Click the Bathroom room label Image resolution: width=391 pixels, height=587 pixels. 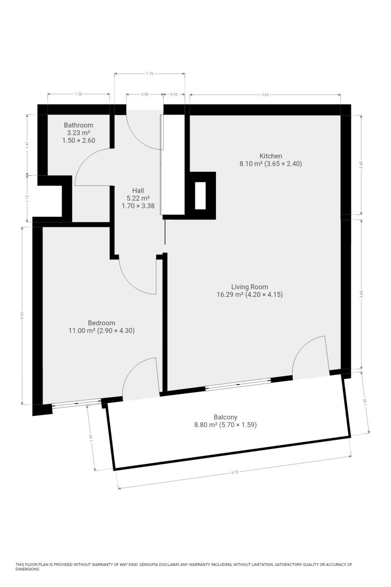click(x=79, y=125)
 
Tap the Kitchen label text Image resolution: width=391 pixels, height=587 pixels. click(x=271, y=156)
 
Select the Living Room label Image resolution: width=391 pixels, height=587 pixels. click(x=250, y=287)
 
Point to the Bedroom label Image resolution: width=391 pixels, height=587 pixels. click(x=101, y=323)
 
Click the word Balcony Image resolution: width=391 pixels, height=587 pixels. click(x=225, y=417)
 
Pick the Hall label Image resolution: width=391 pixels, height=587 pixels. click(x=138, y=190)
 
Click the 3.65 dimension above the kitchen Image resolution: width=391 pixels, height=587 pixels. click(x=265, y=95)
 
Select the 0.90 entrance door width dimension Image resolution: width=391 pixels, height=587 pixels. click(x=145, y=94)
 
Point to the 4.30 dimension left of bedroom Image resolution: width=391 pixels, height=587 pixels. click(x=22, y=316)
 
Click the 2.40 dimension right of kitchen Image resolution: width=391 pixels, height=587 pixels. click(x=361, y=164)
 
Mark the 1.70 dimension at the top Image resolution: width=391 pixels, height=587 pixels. click(x=150, y=74)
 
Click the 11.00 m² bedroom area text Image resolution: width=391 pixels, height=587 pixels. click(x=82, y=331)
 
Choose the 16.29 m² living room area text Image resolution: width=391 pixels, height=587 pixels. click(x=230, y=294)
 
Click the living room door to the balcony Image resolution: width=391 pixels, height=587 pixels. click(x=310, y=357)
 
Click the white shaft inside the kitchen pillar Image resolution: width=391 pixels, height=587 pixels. click(x=200, y=196)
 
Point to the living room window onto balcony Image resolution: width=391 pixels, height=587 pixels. click(x=238, y=384)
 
